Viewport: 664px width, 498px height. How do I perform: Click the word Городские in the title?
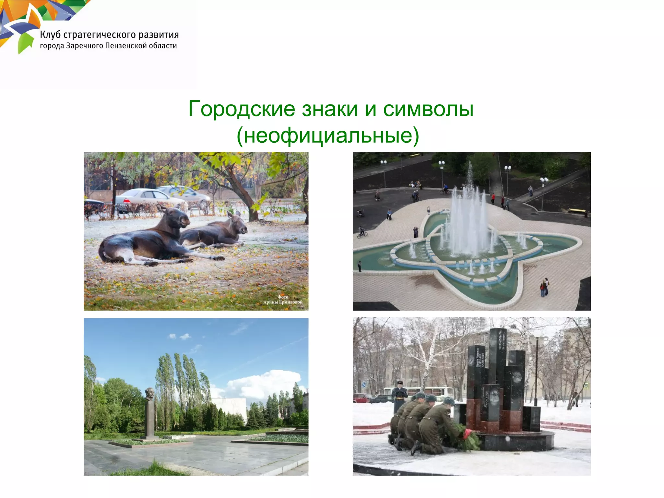coord(242,109)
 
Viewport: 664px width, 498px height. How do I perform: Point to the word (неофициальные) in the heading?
coord(328,135)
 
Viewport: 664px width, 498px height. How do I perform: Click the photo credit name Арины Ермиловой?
coord(283,302)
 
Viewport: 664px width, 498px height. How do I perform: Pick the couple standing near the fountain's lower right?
coord(544,287)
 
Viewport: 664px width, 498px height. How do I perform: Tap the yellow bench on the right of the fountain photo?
coord(578,211)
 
